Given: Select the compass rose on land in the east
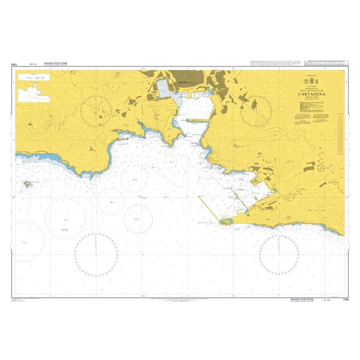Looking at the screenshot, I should point(257,109).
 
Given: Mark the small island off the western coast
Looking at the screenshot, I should point(27,184).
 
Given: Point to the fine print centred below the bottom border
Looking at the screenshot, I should point(180,299).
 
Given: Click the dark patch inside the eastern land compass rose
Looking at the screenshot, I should point(253,104).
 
